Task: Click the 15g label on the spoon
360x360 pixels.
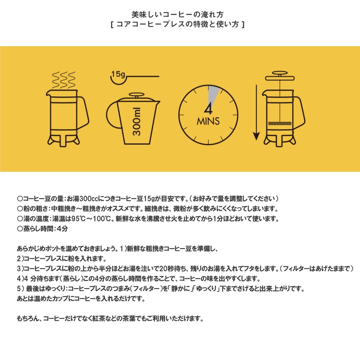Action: pos(118,74)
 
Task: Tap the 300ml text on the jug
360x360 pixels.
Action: pos(137,121)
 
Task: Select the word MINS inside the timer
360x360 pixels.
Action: pos(208,121)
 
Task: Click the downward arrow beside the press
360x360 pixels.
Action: pos(256,113)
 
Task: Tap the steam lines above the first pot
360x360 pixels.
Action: pos(64,80)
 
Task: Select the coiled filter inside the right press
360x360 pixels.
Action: pos(280,124)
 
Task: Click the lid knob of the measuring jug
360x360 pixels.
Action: pos(137,95)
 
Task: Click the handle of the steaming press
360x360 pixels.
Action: pos(84,111)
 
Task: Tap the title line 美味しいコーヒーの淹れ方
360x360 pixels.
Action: pos(178,14)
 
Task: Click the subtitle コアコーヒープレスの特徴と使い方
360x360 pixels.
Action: pos(178,24)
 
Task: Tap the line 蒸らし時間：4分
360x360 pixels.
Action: pos(43,229)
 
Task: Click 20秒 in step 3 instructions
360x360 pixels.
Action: pos(166,268)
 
